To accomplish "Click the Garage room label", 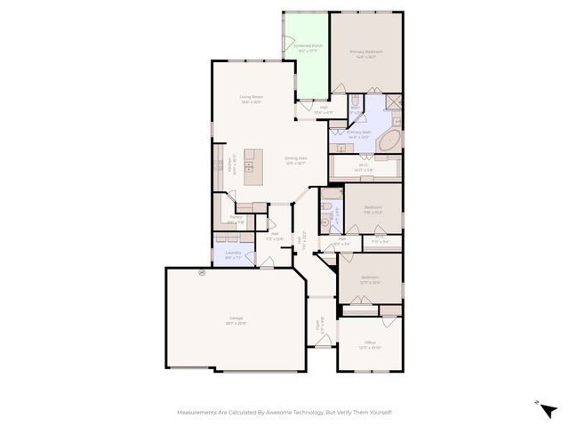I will [236, 320].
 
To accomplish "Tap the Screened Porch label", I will [310, 47].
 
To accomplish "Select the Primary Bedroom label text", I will [364, 54].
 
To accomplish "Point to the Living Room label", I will [251, 99].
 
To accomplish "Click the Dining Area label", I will [295, 160].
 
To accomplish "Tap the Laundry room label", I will [233, 254].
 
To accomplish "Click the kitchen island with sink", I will [250, 164].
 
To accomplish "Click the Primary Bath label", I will [359, 134].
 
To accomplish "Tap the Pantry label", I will [236, 219].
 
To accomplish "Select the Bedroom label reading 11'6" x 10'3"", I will [373, 209].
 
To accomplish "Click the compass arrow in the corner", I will [549, 409].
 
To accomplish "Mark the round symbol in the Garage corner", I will [202, 273].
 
